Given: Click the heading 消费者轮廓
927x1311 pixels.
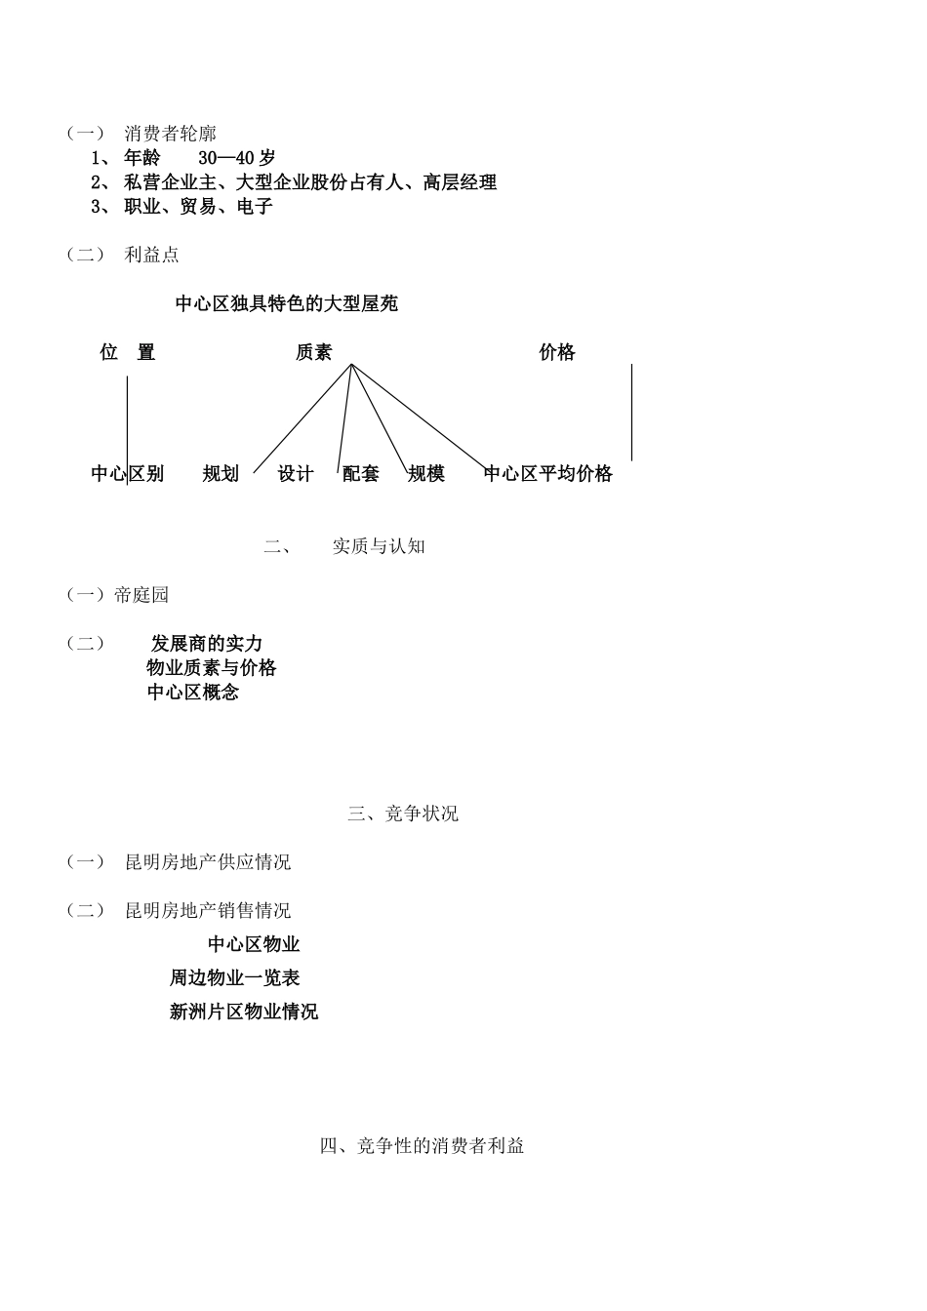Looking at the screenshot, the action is tap(170, 134).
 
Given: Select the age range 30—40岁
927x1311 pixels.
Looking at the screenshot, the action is tap(236, 158).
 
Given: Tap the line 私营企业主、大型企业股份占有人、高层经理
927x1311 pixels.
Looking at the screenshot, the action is tap(310, 182).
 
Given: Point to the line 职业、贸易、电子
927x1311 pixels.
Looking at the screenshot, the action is tap(198, 207).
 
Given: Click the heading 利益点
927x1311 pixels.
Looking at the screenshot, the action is tap(152, 255).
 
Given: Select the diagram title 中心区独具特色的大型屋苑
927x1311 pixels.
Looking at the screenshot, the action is tap(286, 304).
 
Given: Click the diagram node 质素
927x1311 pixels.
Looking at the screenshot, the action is tap(313, 353).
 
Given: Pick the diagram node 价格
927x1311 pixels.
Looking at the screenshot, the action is tap(557, 353).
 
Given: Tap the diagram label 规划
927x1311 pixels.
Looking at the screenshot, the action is tap(221, 474).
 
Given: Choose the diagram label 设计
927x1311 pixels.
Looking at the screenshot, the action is tap(296, 474).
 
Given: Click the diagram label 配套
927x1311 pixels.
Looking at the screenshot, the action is tap(361, 474).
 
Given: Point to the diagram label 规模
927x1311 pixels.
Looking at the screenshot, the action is tap(426, 474).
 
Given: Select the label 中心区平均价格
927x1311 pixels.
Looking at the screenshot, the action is tap(548, 474).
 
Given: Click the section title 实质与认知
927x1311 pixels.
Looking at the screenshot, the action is tap(379, 546).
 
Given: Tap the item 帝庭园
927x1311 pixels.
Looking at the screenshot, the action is tap(141, 595).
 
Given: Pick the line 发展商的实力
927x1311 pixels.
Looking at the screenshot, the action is tap(207, 644).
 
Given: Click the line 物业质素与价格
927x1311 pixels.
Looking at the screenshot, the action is tap(212, 668).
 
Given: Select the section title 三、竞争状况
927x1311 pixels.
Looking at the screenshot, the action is tap(403, 814).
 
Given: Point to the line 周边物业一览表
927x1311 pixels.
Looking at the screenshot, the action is tap(234, 977).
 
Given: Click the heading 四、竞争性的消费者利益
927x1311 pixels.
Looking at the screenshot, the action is tap(422, 1146).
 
